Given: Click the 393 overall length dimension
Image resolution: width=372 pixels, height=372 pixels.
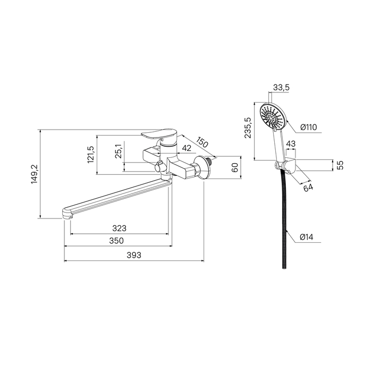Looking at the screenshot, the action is [x=134, y=255].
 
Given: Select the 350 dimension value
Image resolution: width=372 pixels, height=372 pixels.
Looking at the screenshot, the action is [x=116, y=241].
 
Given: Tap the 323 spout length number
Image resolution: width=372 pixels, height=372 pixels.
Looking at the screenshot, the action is [x=120, y=228].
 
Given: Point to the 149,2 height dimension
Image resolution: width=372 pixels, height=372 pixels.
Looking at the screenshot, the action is [x=35, y=174].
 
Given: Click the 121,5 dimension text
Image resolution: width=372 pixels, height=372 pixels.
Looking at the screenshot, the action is [x=91, y=154].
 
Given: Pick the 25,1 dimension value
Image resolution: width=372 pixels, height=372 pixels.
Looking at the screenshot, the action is [x=119, y=151].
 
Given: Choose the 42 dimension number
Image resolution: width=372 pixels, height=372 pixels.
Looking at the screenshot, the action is [x=187, y=148].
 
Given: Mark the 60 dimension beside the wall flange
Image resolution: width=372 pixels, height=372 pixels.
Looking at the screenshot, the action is [x=235, y=168].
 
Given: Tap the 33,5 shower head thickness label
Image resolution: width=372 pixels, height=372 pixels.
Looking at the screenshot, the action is [x=281, y=87].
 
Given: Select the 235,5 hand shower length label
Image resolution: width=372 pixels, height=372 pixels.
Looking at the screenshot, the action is [x=248, y=128].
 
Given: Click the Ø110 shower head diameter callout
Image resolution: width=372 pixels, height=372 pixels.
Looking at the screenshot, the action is [x=308, y=127].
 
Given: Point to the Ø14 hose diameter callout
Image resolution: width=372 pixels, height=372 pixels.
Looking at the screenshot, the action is [x=307, y=237].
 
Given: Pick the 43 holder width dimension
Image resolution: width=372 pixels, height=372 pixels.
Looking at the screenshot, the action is [x=291, y=144].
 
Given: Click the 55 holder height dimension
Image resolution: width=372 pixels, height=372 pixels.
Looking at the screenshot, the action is [x=340, y=165].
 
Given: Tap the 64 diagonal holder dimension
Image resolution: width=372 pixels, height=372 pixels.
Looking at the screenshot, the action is [x=308, y=188].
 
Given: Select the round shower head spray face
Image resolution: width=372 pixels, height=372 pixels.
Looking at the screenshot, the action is [x=272, y=117].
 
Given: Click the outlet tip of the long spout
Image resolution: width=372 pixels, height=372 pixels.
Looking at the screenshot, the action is [x=67, y=214].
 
